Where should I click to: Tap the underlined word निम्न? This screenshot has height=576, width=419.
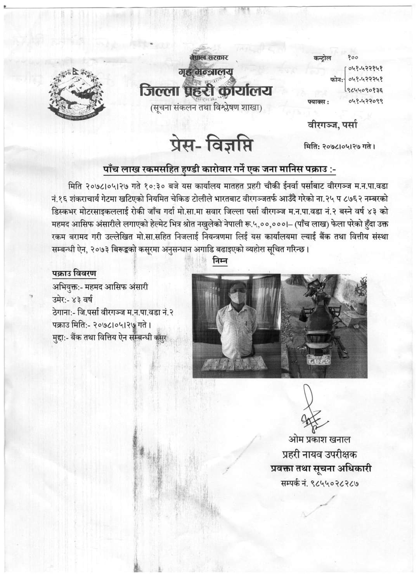(220, 262)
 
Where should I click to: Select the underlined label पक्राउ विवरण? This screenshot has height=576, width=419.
(74, 273)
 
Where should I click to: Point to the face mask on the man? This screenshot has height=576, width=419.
(236, 298)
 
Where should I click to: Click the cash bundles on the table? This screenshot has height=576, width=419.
(235, 364)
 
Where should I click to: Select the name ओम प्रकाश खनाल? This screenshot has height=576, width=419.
(320, 440)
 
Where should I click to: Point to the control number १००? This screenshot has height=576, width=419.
(353, 57)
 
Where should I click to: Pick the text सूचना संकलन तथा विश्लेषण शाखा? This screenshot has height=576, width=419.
(206, 107)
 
